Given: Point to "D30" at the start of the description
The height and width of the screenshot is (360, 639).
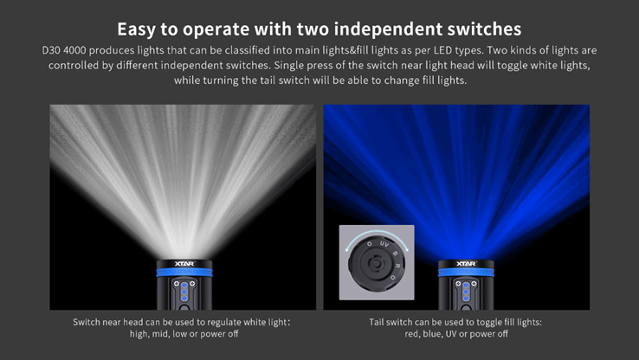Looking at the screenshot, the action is (51, 50).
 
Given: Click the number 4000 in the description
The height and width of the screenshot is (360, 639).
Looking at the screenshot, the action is (74, 50).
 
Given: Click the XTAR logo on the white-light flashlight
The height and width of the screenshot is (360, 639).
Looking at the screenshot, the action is (184, 263).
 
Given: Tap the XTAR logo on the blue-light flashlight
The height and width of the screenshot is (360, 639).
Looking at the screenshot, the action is (466, 263).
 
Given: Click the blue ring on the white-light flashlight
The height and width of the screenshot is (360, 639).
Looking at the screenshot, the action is (184, 273).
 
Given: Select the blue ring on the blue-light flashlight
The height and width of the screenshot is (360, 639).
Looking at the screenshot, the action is (466, 273).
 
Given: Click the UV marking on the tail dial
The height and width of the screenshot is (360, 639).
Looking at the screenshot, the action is (384, 244).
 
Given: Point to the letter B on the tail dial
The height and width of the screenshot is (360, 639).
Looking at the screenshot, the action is (395, 254).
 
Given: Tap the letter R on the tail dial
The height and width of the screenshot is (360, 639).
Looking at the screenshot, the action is (397, 266).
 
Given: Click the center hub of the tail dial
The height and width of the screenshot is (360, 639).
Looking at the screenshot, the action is (377, 264).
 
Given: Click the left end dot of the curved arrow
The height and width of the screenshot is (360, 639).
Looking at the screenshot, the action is (347, 249).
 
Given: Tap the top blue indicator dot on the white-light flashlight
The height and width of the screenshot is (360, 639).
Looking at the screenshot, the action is (184, 285).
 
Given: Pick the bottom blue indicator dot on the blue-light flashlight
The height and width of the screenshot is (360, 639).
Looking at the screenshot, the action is (466, 299).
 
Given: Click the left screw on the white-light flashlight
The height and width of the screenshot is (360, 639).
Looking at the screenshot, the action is (177, 284).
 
